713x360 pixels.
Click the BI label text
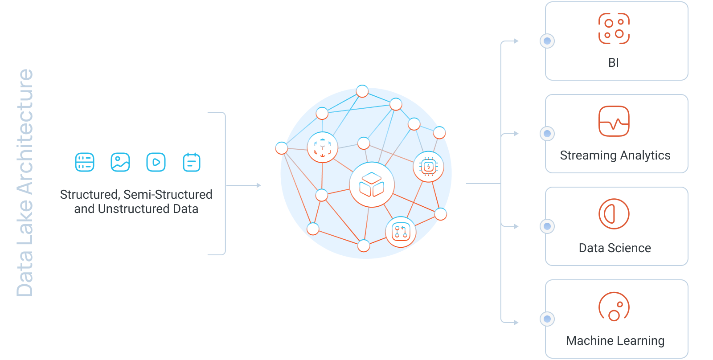(613, 63)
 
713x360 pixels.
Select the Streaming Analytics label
(615, 155)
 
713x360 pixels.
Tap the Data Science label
(615, 248)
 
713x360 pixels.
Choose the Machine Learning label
(615, 340)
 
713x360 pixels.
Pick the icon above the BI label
(614, 29)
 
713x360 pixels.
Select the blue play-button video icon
(156, 162)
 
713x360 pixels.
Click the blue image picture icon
(120, 162)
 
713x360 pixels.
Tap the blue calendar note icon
(192, 162)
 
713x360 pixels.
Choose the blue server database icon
(85, 162)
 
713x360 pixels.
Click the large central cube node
(372, 185)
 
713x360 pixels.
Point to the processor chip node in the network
(428, 167)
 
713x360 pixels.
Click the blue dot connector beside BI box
(547, 41)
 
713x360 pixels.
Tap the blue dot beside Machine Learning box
(547, 319)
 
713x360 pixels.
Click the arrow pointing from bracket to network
(244, 185)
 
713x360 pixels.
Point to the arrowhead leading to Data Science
(516, 226)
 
